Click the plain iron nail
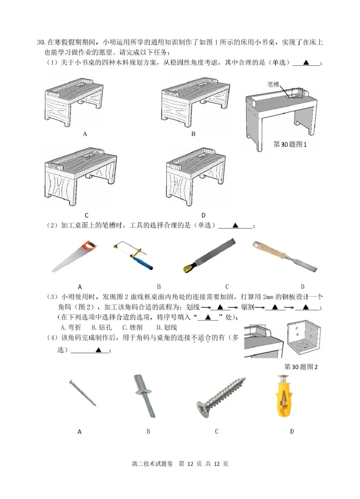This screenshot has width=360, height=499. click(x=83, y=393)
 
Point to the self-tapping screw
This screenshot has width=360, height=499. click(x=221, y=396)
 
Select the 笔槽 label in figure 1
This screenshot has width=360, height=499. click(x=273, y=84)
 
